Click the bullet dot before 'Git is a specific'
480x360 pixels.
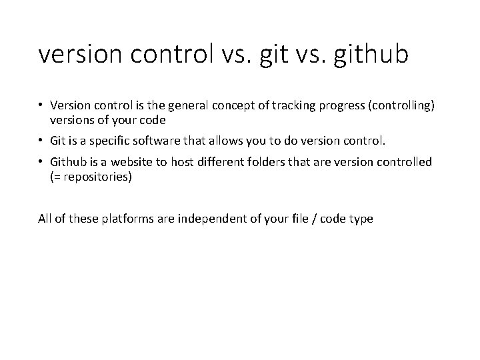[42, 141]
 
